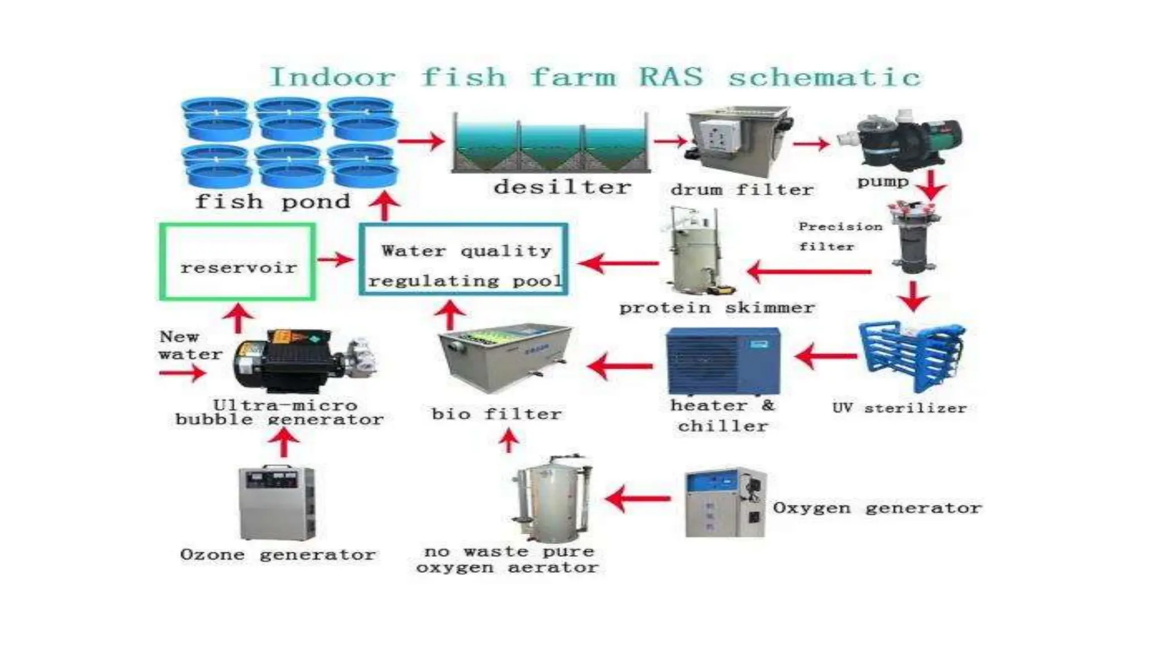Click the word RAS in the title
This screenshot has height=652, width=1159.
(672, 77)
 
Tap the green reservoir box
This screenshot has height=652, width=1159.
(237, 261)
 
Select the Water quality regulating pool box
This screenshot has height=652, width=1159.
(463, 260)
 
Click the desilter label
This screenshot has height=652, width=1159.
(562, 187)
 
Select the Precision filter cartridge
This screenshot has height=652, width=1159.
(912, 238)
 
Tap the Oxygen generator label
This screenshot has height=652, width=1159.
(877, 508)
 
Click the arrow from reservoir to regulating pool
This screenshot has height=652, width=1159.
(336, 260)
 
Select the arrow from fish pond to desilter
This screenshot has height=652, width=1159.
(421, 141)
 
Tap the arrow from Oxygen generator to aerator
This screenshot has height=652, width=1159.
(637, 499)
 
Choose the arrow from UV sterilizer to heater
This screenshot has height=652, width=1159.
(826, 357)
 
